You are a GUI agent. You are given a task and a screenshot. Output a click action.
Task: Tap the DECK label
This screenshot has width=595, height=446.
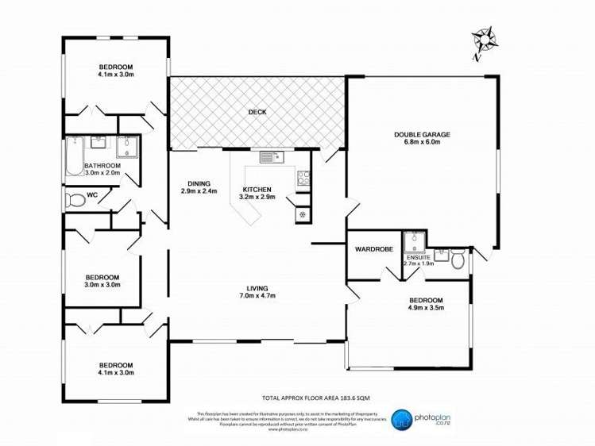click(257, 112)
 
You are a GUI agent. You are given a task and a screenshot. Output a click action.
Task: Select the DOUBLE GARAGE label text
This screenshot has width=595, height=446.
click(422, 134)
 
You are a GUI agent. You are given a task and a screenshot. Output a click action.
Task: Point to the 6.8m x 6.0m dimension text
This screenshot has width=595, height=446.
click(422, 143)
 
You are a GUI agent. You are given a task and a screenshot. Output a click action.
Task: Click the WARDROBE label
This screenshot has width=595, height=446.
click(374, 249)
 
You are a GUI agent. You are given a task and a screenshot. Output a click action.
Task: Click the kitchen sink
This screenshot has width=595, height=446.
click(270, 157)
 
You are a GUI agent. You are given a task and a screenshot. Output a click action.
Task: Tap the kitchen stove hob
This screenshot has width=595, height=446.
click(303, 179)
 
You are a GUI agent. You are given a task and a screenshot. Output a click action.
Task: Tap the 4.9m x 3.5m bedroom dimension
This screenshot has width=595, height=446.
click(426, 308)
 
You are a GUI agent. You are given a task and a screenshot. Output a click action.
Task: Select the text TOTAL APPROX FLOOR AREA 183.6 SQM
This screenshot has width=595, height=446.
click(316, 397)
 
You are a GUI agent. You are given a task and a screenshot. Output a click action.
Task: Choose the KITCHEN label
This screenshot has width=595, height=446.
click(257, 189)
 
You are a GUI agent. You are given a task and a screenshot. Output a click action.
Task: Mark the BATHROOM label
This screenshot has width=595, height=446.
click(102, 165)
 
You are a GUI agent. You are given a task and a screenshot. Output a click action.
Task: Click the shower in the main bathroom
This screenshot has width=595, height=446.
click(127, 146)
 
